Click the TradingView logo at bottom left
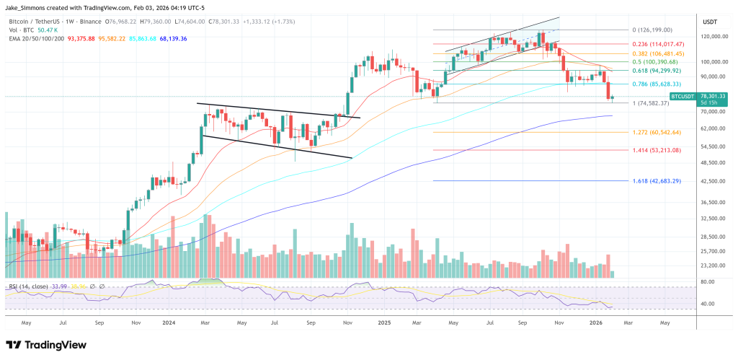tap(47, 344)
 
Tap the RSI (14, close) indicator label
tap(28, 287)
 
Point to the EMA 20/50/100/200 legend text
tap(38, 38)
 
